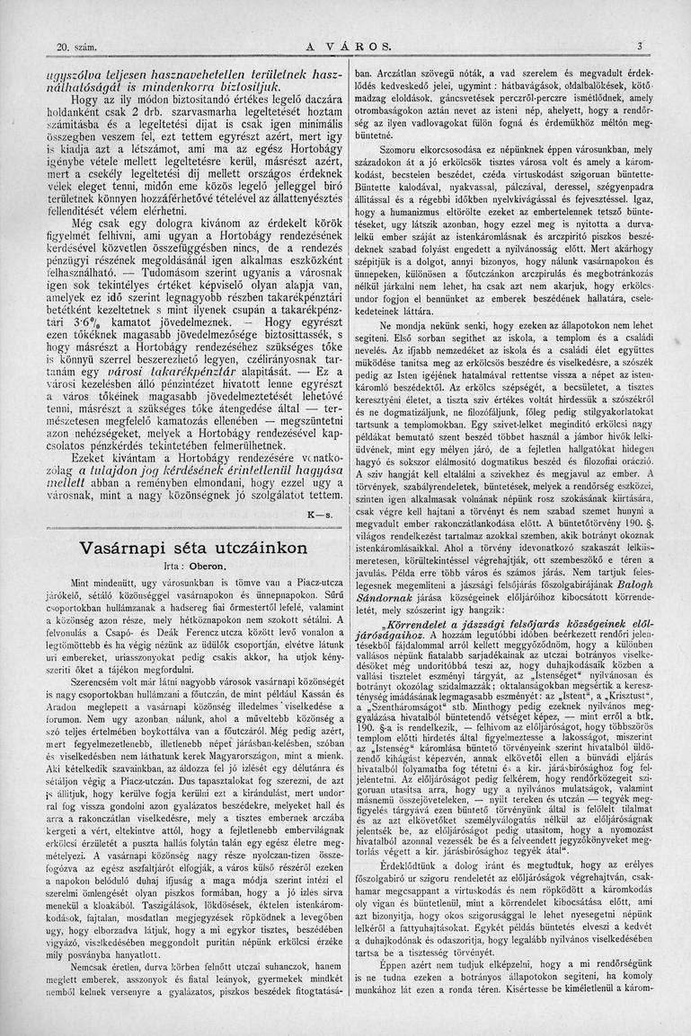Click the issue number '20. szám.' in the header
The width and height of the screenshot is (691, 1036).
pos(75,46)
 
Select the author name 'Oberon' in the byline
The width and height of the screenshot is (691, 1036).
pos(206,566)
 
